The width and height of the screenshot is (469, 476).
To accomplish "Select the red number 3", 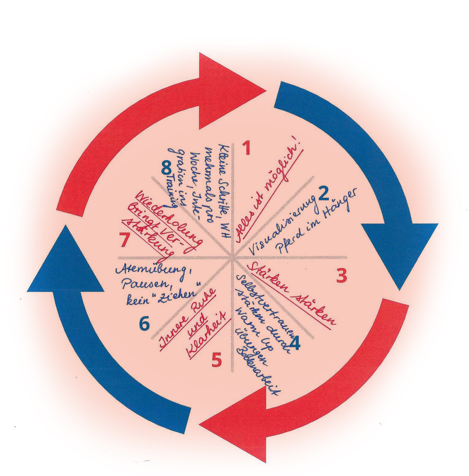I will click(x=342, y=276).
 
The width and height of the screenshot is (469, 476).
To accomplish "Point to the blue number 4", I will click(x=294, y=343).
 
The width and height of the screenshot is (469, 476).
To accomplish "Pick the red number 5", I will click(x=217, y=360).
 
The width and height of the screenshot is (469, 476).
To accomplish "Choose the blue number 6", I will click(x=144, y=323).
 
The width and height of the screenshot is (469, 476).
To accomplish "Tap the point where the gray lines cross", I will click(x=233, y=257).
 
